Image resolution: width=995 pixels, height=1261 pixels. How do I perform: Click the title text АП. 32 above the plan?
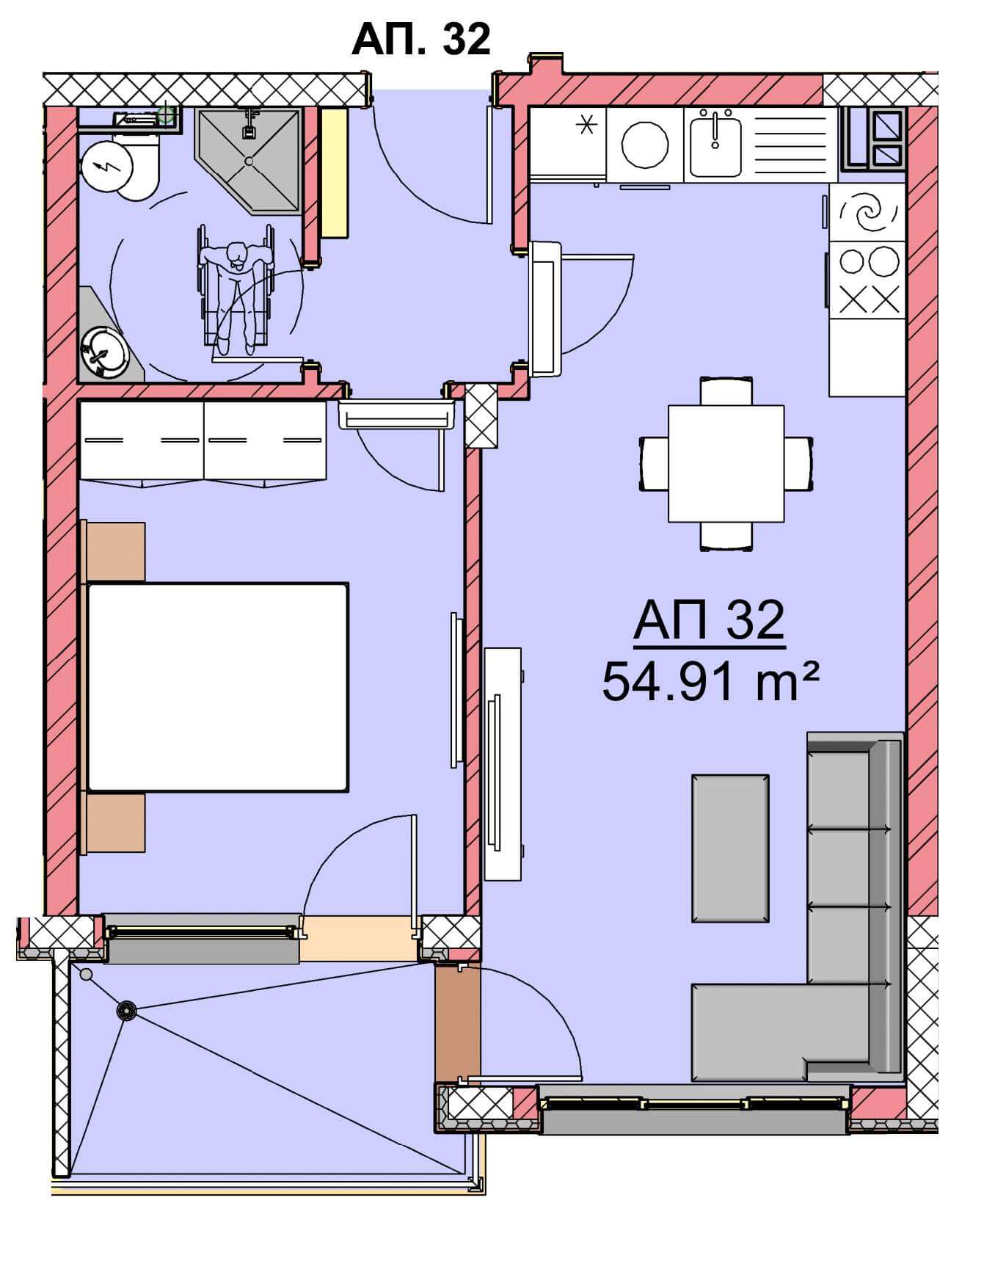[x=421, y=38]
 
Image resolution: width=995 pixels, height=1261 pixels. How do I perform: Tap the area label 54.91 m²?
[x=710, y=681]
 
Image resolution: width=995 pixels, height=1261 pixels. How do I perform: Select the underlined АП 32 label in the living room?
[x=710, y=621]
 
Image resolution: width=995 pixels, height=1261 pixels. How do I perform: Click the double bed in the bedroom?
[x=218, y=687]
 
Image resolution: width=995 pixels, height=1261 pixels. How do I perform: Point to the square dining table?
[x=726, y=463]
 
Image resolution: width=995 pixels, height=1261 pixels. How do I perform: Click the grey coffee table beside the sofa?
[x=730, y=848]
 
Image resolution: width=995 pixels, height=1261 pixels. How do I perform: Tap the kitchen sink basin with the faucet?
[x=715, y=145]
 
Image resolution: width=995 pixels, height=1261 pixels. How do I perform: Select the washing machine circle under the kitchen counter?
[x=645, y=145]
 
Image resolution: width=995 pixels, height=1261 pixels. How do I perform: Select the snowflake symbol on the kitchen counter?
[x=585, y=126]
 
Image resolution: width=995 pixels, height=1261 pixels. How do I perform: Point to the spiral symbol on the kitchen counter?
[x=868, y=213]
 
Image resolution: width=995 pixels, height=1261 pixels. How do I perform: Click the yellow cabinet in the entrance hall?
[x=334, y=172]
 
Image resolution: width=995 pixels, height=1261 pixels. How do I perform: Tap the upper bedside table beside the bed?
[x=115, y=552]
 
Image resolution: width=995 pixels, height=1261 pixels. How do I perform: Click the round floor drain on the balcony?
[x=127, y=1011]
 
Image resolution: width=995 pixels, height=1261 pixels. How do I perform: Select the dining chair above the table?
[x=726, y=390]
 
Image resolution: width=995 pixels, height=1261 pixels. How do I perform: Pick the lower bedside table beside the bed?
[x=115, y=823]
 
